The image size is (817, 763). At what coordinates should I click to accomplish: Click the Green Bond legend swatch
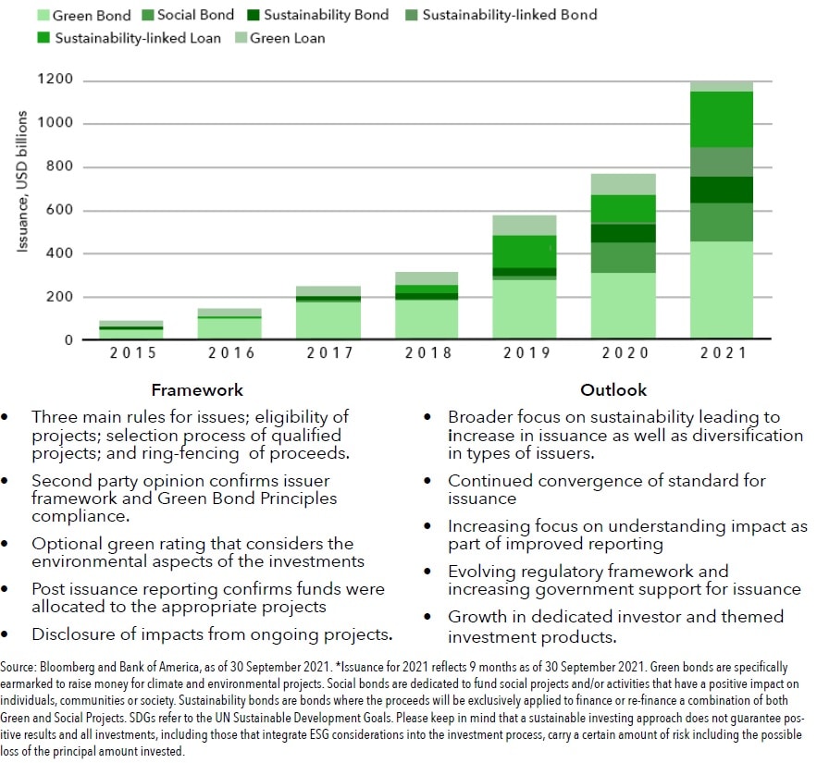43,15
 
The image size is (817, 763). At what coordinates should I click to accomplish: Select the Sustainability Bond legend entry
317,15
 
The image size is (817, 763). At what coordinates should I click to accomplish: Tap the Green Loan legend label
287,38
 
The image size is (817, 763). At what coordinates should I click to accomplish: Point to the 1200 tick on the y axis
55,80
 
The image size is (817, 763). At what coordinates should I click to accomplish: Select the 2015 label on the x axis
133,353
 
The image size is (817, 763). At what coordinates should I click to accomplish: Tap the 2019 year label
526,353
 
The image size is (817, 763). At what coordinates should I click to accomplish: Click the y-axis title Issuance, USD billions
22,181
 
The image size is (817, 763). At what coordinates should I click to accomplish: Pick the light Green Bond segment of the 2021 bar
722,289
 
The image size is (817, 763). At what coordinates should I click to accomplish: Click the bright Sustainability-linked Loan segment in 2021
722,119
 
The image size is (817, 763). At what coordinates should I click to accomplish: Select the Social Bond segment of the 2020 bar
624,257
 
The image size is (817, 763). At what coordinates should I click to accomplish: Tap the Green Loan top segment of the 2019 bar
525,226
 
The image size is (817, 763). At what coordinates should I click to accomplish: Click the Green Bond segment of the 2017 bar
328,320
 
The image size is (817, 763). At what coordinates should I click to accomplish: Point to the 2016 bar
229,324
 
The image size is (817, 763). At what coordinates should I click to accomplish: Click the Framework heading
197,390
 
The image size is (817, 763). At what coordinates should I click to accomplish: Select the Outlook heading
613,390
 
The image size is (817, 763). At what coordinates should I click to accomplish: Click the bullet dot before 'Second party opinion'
5,481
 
